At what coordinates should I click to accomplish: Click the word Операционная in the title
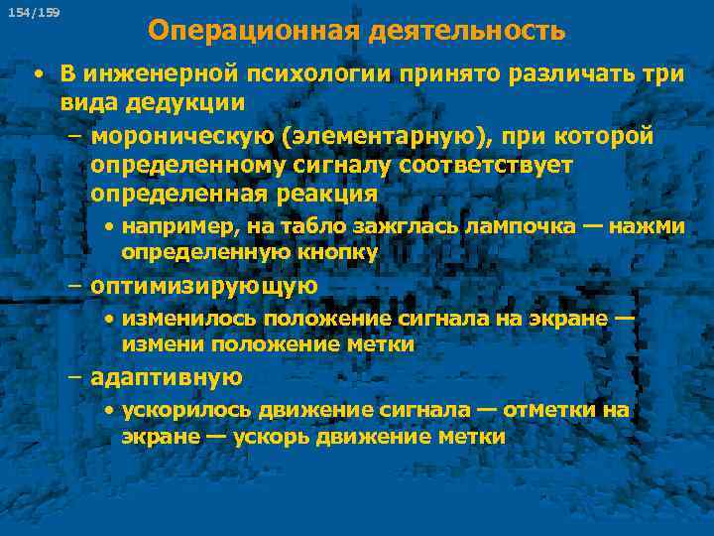pos(254,31)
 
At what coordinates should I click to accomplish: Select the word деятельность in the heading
pos(467,31)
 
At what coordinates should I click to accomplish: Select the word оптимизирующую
pos(203,286)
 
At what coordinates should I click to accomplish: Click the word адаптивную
pos(166,377)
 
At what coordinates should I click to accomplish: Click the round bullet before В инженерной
pos(36,76)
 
